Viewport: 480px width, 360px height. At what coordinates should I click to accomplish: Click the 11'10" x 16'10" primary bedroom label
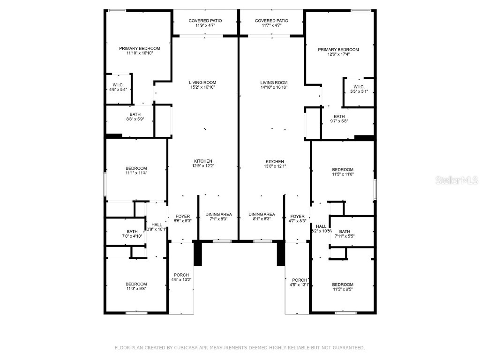pyautogui.click(x=139, y=51)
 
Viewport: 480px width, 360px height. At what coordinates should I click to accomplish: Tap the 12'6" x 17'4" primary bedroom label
pyautogui.click(x=338, y=52)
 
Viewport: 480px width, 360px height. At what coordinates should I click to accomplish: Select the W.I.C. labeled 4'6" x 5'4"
pyautogui.click(x=118, y=87)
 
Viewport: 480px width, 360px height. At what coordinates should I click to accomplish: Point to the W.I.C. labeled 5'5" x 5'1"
pyautogui.click(x=359, y=89)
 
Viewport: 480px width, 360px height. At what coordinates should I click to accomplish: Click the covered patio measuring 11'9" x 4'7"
pyautogui.click(x=205, y=23)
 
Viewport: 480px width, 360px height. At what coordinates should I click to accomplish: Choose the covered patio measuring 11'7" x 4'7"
pyautogui.click(x=271, y=23)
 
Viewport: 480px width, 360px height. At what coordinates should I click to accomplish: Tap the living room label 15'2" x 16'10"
pyautogui.click(x=202, y=85)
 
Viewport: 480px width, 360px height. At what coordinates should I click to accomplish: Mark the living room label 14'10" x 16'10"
pyautogui.click(x=274, y=85)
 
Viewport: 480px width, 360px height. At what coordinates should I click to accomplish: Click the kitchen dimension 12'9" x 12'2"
pyautogui.click(x=203, y=164)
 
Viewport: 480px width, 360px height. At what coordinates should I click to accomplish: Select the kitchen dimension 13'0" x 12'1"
pyautogui.click(x=275, y=164)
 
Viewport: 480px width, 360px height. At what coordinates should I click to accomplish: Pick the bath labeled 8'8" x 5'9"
pyautogui.click(x=135, y=117)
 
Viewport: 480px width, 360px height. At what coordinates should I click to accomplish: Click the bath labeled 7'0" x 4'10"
pyautogui.click(x=132, y=233)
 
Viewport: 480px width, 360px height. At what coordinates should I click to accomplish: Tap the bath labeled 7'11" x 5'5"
pyautogui.click(x=345, y=233)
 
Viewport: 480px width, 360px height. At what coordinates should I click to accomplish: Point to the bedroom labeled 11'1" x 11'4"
pyautogui.click(x=136, y=171)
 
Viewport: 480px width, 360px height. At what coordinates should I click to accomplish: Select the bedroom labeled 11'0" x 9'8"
pyautogui.click(x=136, y=286)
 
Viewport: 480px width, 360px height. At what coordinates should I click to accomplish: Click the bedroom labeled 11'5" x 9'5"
pyautogui.click(x=343, y=287)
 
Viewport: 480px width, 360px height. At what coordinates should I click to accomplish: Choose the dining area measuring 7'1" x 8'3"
pyautogui.click(x=218, y=217)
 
